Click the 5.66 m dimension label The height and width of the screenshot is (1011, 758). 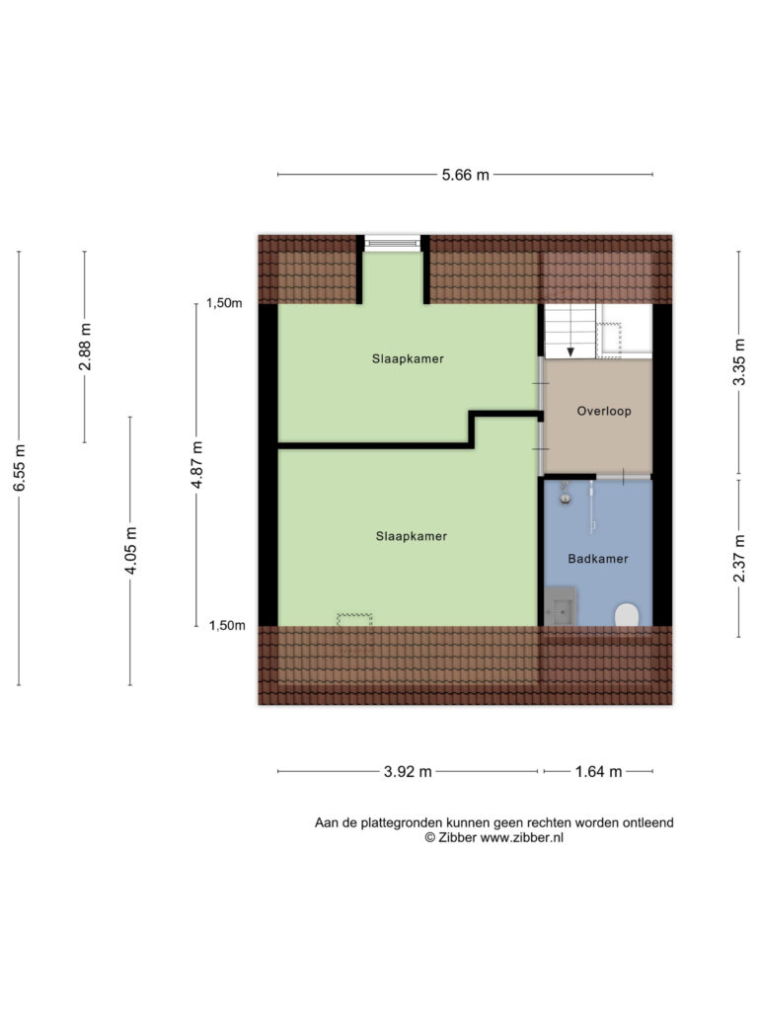click(466, 175)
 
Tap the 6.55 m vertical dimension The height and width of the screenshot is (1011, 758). click(20, 467)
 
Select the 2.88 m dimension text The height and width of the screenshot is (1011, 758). click(85, 347)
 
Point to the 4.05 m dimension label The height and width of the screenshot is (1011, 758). click(131, 550)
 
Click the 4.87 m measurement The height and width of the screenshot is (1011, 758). click(197, 464)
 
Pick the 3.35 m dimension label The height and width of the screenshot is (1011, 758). click(738, 362)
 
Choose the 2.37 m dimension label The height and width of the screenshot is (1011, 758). click(738, 559)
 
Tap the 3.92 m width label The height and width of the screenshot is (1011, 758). click(408, 772)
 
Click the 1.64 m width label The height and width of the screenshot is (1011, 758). click(598, 772)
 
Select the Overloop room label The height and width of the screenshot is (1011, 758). click(604, 412)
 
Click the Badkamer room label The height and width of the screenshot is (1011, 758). click(597, 559)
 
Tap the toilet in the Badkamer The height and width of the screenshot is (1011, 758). click(627, 614)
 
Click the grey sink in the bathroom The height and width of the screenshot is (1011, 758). click(561, 606)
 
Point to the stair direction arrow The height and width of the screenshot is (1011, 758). click(570, 351)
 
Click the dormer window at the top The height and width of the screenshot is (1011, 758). click(393, 243)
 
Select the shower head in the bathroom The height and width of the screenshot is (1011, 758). click(565, 498)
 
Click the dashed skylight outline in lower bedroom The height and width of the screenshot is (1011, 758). click(354, 620)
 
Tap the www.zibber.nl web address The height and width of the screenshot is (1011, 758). click(522, 838)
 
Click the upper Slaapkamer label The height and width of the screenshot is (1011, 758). click(408, 359)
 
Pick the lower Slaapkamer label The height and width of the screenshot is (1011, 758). click(412, 536)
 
